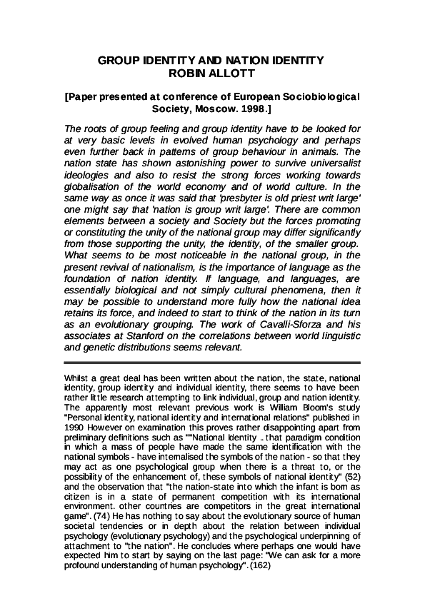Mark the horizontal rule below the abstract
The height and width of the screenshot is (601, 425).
212,363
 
